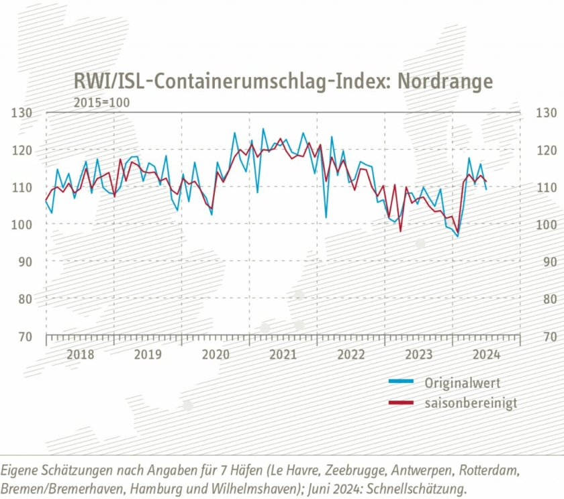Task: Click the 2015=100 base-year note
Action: [x=101, y=103]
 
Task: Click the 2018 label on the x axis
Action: [x=80, y=354]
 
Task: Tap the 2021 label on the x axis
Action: [x=283, y=354]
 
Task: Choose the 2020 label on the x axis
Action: [x=216, y=354]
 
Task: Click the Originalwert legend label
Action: [x=462, y=383]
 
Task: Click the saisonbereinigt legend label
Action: [x=471, y=403]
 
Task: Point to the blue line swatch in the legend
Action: [x=402, y=382]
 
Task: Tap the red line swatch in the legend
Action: [x=402, y=403]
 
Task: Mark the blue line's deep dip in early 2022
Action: [x=326, y=217]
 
